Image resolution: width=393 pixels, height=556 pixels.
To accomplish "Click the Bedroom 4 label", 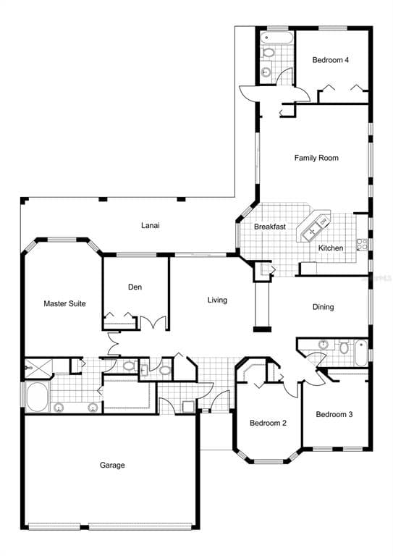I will point(331,60).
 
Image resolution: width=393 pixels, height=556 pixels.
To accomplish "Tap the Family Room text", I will point(316,158).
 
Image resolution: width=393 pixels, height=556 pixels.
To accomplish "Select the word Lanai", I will point(150,226).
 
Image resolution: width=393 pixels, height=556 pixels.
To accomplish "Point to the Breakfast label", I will point(269,227).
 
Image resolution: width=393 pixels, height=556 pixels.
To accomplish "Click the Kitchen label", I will point(331,248).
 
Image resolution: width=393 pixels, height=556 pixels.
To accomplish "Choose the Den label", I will point(135,287).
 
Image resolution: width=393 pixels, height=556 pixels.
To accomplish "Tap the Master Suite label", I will point(64,304).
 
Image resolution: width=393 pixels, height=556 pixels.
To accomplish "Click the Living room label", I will point(217,300).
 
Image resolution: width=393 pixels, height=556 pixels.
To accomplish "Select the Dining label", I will point(323,307).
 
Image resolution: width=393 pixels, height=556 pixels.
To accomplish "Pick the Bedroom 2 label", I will point(269,423).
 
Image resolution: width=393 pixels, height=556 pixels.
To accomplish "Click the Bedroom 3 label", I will point(334,414).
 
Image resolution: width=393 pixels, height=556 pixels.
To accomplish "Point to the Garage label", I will point(112,465).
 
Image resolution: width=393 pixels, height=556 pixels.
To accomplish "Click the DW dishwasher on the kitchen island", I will point(324,221).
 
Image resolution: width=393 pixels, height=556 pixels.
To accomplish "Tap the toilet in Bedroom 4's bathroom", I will point(268,53).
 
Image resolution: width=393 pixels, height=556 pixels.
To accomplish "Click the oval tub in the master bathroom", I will point(37,396).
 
